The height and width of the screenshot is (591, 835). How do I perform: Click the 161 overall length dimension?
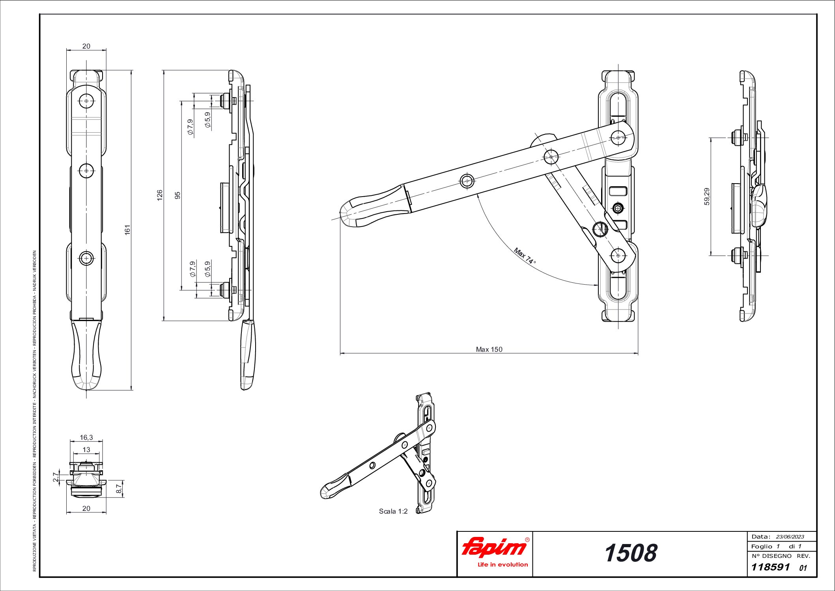[x=127, y=230]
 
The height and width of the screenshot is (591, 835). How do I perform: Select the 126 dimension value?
[x=160, y=195]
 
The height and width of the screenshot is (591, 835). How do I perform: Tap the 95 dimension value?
[x=177, y=195]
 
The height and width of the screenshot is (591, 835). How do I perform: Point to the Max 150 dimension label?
[x=489, y=349]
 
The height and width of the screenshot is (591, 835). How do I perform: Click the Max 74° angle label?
[x=525, y=256]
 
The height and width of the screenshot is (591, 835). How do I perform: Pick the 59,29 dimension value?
[x=706, y=196]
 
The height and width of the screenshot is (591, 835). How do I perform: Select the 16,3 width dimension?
[x=86, y=437]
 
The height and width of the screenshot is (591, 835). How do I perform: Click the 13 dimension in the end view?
[x=86, y=450]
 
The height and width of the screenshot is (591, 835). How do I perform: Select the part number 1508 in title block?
[x=630, y=553]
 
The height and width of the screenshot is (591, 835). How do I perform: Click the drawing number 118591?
[x=770, y=567]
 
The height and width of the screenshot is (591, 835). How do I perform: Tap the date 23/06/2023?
[x=790, y=537]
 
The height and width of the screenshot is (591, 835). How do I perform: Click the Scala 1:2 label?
[x=393, y=511]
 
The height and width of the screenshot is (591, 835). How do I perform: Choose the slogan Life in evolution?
[x=502, y=565]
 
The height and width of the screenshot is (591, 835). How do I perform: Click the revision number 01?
[x=803, y=568]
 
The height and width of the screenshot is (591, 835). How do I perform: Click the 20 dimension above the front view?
[x=86, y=46]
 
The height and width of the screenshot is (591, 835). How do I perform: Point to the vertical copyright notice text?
[x=35, y=411]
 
